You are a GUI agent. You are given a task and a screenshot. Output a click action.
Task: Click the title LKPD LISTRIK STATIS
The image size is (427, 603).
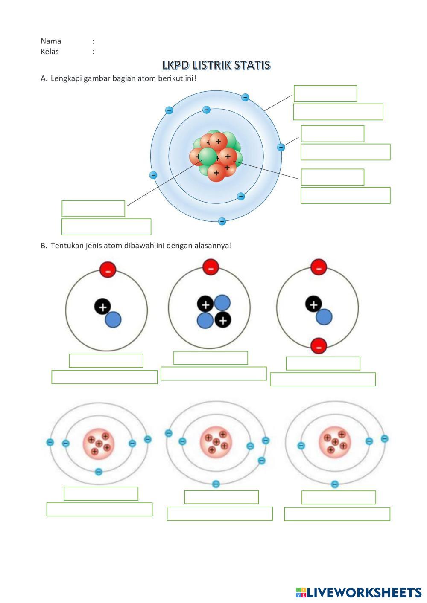click(x=216, y=65)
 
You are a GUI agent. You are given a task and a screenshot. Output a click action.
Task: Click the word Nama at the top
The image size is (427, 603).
click(x=51, y=41)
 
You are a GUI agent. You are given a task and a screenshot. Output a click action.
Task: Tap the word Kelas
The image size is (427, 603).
click(x=50, y=52)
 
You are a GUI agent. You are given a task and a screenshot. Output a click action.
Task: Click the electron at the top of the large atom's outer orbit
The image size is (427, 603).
click(x=245, y=97)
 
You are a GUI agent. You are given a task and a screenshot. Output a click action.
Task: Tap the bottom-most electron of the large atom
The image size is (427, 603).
click(x=222, y=221)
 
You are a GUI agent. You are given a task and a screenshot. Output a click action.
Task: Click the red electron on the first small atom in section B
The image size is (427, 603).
click(x=108, y=270)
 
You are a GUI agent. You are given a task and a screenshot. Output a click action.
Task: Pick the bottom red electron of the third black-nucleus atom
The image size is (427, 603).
click(x=319, y=346)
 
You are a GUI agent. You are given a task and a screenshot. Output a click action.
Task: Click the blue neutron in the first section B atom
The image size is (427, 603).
click(x=113, y=319)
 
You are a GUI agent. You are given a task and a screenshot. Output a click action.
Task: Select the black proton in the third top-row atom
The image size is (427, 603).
click(x=313, y=304)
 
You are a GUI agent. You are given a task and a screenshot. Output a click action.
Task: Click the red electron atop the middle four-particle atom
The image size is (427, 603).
click(x=211, y=267)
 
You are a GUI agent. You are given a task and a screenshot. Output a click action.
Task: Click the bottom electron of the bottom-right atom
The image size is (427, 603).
click(x=335, y=484)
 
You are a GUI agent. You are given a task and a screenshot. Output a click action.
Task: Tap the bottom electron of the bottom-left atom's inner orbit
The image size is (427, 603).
click(x=99, y=471)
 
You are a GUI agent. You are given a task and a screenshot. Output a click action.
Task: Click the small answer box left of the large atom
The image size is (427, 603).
click(x=94, y=209)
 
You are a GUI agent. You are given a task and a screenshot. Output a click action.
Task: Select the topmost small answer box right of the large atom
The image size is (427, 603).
click(x=325, y=94)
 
